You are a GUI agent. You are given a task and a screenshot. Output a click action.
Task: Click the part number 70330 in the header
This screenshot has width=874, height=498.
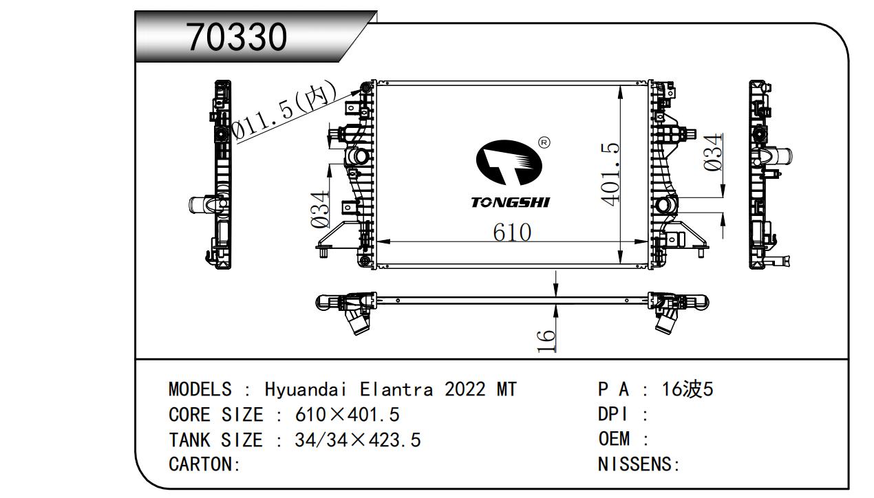click(x=236, y=38)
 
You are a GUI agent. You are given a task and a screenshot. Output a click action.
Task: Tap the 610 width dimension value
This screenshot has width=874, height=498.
click(x=511, y=232)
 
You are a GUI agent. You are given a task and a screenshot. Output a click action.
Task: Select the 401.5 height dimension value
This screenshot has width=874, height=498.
click(x=610, y=173)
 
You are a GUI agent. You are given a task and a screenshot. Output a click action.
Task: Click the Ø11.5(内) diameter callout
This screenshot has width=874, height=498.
click(x=284, y=111)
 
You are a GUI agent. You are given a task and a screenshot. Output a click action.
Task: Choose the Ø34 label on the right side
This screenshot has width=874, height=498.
click(x=713, y=152)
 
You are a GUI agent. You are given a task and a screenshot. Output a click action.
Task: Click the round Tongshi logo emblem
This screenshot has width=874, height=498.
click(x=509, y=162)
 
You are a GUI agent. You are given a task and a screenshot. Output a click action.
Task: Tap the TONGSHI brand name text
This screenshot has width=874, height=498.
click(x=510, y=202)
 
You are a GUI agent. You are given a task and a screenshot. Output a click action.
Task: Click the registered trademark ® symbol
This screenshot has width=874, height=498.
click(x=544, y=142)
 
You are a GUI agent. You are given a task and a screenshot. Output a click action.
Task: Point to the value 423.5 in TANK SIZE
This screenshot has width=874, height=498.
click(x=396, y=440)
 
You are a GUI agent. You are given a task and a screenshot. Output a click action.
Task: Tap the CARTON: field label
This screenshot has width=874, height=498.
click(x=204, y=464)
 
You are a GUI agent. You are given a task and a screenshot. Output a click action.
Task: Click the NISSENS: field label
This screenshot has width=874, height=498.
click(x=639, y=464)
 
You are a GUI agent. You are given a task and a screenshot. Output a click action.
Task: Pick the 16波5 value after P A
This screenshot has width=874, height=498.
click(x=688, y=389)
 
